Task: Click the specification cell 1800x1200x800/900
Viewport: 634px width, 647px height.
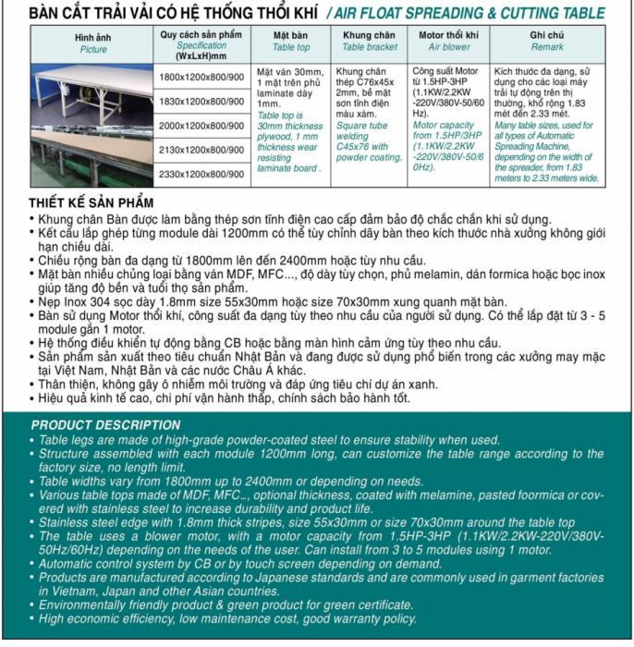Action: pos(201,77)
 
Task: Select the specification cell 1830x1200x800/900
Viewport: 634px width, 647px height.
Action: pos(201,101)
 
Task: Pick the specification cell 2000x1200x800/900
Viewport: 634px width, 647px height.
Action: pos(201,126)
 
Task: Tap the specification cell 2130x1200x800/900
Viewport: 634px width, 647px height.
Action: pos(201,150)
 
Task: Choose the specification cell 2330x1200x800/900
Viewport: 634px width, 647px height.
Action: pos(201,174)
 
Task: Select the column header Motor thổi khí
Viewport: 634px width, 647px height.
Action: pos(448,35)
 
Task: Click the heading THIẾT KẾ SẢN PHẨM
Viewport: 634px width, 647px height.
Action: pos(91,203)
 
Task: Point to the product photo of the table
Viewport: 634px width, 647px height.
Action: pos(92,125)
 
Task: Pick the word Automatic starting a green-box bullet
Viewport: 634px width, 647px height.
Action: pos(67,563)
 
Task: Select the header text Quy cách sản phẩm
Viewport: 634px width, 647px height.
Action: pos(201,34)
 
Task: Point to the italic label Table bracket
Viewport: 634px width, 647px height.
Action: pos(370,46)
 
